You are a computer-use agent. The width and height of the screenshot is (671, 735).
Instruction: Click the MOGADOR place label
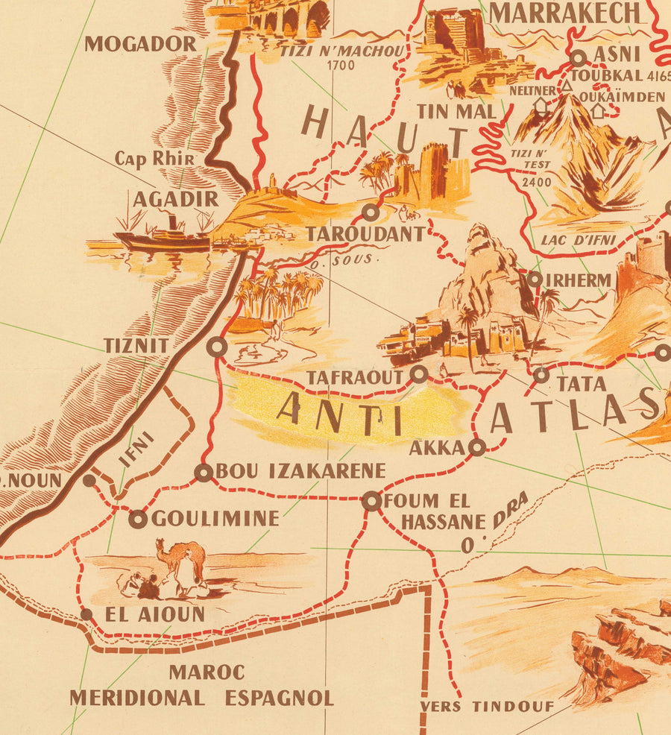(x=140, y=44)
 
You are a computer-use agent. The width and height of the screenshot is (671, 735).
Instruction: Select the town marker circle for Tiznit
(x=217, y=347)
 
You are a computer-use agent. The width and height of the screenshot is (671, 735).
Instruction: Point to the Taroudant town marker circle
(x=371, y=213)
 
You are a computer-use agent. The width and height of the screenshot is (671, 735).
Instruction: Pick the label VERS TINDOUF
(x=487, y=707)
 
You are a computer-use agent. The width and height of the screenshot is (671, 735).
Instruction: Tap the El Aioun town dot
(x=86, y=615)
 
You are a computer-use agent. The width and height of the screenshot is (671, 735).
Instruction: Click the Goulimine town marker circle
(x=137, y=519)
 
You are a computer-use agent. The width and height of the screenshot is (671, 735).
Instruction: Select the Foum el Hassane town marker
(x=371, y=501)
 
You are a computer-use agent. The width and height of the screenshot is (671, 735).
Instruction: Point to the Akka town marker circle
(x=477, y=447)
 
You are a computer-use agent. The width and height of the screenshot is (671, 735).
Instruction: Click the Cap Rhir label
(x=155, y=159)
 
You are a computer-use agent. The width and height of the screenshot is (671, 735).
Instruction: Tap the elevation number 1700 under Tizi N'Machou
(x=340, y=65)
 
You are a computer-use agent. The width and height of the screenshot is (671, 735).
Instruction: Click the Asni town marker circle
(x=579, y=57)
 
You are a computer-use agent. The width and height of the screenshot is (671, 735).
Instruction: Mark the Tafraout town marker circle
(x=419, y=374)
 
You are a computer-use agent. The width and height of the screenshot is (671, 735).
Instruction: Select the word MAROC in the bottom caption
(x=207, y=672)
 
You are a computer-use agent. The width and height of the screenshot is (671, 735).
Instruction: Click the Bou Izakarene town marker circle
(x=203, y=472)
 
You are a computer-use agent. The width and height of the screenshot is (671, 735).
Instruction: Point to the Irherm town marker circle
(x=535, y=280)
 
